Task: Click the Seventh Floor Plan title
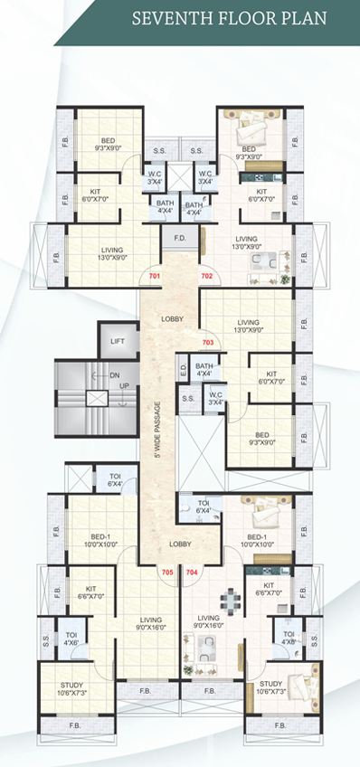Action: (x=241, y=17)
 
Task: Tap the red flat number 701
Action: (x=155, y=274)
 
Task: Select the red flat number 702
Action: (x=206, y=274)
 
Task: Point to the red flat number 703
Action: (x=209, y=343)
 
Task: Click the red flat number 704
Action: (x=192, y=573)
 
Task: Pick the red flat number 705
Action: (x=166, y=573)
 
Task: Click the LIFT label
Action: (x=118, y=341)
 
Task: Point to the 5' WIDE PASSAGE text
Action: (x=156, y=429)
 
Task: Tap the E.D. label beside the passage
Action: (x=183, y=369)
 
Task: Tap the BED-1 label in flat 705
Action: (x=101, y=540)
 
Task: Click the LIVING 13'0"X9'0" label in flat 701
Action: (x=112, y=253)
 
